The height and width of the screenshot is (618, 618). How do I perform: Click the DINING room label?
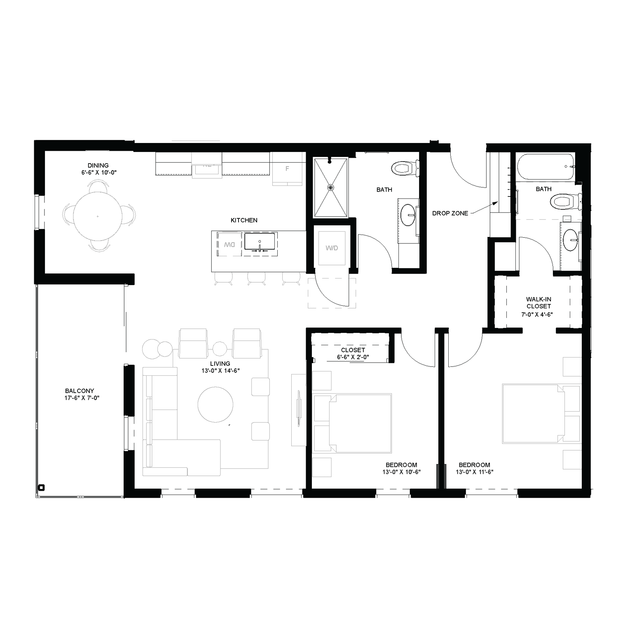tap(98, 166)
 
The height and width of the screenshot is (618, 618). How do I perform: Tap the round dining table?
tap(98, 216)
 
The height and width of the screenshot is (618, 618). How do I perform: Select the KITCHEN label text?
tap(244, 220)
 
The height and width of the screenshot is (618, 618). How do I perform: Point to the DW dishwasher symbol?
tap(229, 244)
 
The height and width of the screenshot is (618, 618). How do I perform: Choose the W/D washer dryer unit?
tap(332, 248)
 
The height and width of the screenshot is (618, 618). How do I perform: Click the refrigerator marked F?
tap(287, 169)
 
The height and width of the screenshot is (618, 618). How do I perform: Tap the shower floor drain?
tap(330, 187)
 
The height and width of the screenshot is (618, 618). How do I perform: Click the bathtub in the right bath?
tap(544, 167)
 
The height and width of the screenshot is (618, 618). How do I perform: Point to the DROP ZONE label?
tap(450, 213)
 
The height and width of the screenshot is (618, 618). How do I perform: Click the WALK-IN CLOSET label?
tap(538, 303)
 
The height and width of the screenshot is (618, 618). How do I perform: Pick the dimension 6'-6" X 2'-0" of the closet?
tap(353, 357)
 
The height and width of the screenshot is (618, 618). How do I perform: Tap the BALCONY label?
tap(80, 391)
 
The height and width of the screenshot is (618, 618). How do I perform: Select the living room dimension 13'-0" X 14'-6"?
tap(220, 370)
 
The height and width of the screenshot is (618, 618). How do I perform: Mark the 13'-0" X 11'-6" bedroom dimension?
tap(474, 472)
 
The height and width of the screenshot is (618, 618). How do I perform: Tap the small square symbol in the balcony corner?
tap(41, 487)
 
